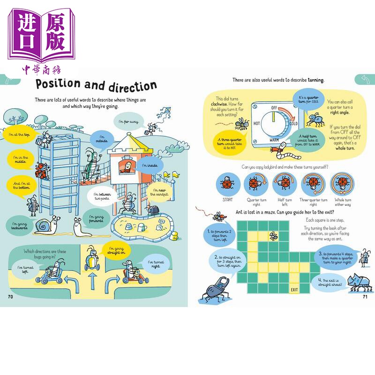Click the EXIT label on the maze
(294, 290)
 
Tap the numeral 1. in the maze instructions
(208, 232)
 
